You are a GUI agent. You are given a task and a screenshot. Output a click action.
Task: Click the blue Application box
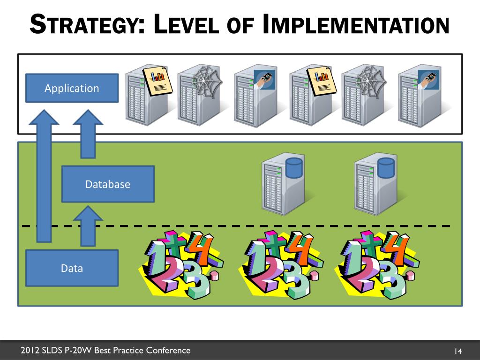[x=71, y=88]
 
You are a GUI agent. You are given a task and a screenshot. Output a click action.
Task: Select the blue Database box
[x=108, y=184]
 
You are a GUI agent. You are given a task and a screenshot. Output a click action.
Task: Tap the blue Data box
[x=71, y=268]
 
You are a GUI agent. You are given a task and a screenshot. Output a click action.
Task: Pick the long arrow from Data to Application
[x=44, y=178]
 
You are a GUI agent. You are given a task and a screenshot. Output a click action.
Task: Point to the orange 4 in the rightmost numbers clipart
[x=397, y=248]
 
